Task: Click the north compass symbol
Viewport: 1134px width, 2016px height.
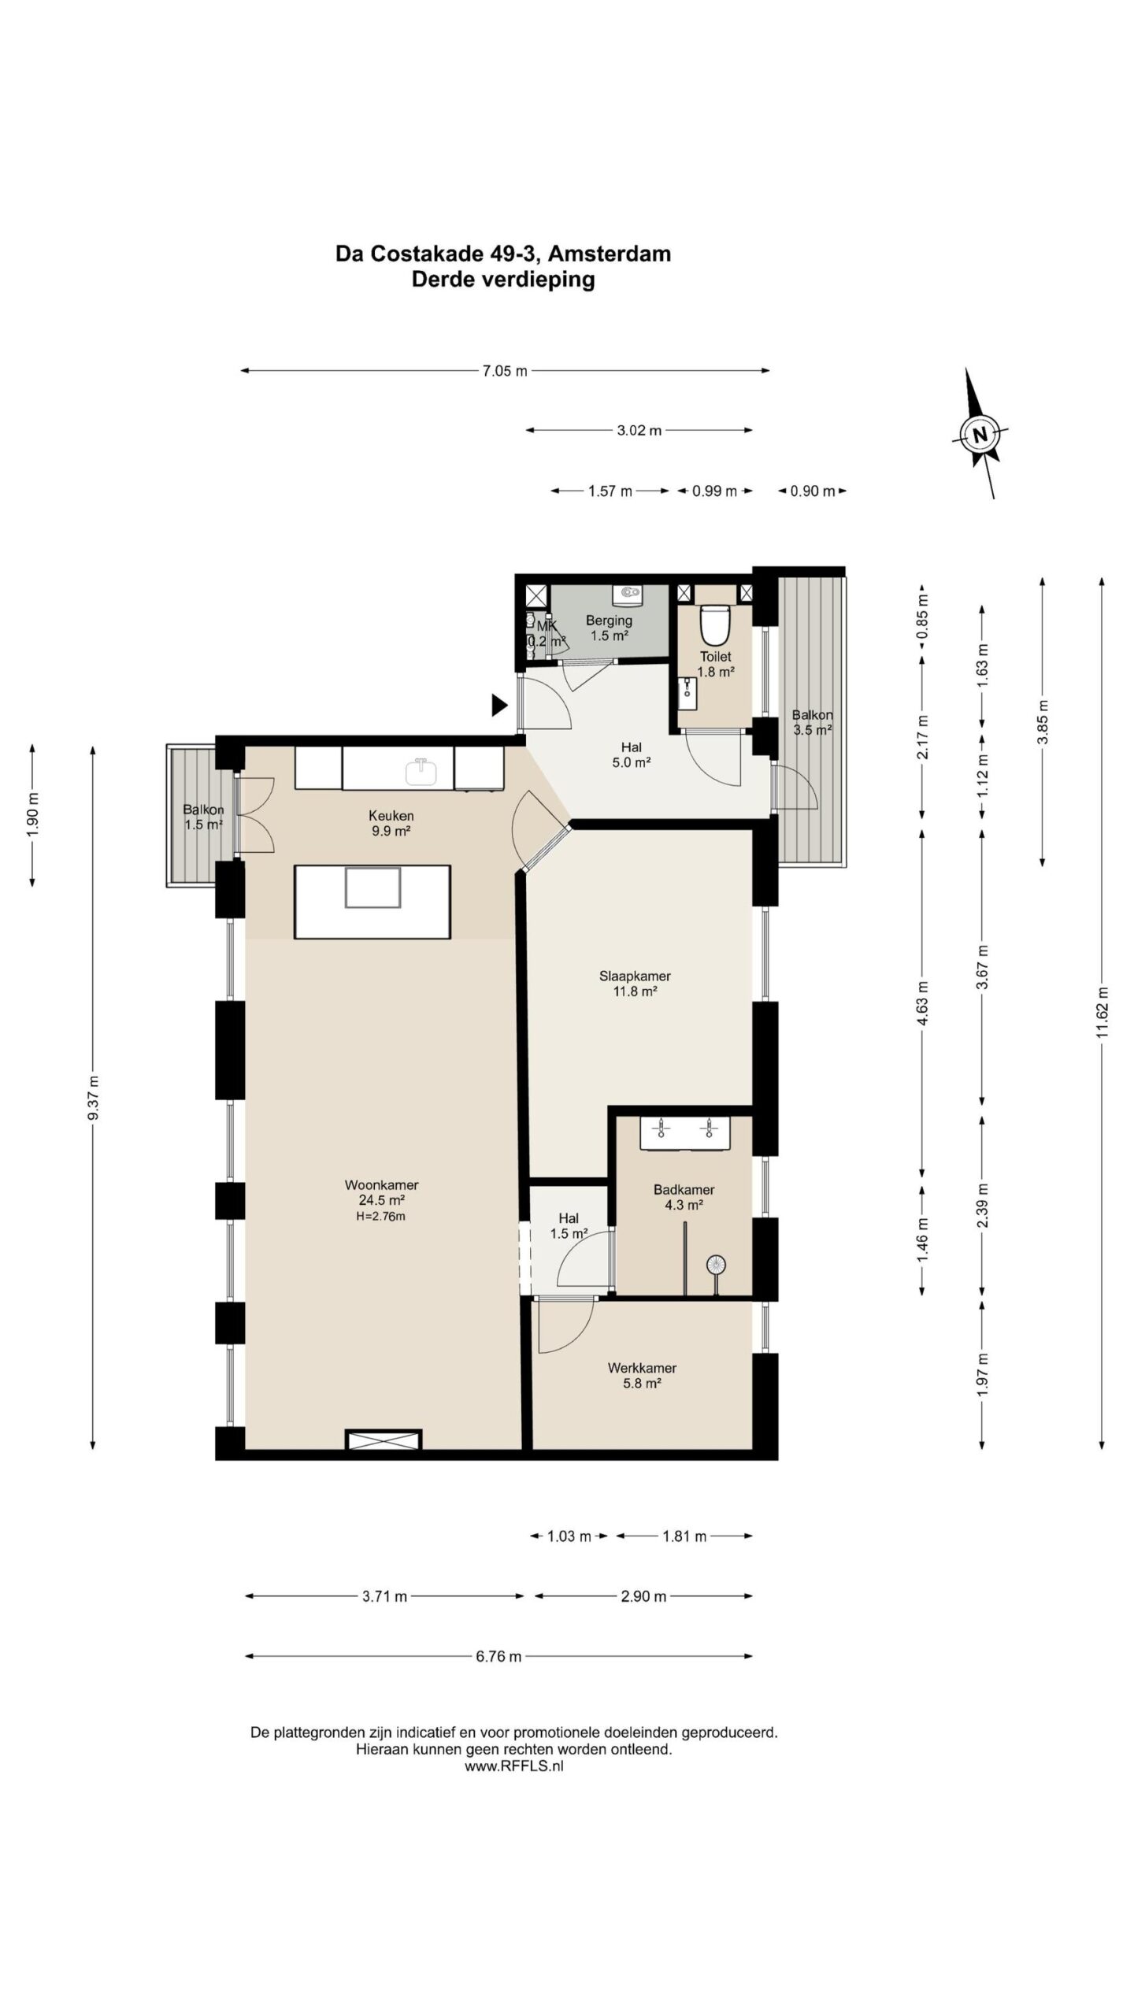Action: click(980, 434)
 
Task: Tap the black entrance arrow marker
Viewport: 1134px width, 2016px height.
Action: click(499, 705)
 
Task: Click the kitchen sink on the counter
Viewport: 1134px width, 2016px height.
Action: click(422, 772)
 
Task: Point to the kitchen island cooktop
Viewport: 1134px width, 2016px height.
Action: click(372, 888)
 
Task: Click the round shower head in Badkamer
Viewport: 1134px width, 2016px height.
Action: click(716, 1264)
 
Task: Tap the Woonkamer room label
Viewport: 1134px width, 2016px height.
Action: click(381, 1184)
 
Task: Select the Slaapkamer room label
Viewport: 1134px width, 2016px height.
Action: click(635, 976)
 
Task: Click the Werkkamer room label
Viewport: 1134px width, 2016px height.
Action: click(642, 1368)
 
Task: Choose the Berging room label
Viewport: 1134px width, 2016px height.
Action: click(609, 621)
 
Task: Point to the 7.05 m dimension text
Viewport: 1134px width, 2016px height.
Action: click(505, 371)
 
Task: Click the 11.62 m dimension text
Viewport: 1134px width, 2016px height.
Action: click(1102, 1013)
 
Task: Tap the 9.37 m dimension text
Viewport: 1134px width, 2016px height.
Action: click(94, 1097)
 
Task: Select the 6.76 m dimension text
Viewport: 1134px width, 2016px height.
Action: click(498, 1656)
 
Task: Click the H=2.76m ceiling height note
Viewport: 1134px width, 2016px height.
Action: click(381, 1216)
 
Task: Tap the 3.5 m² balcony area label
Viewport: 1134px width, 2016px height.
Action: click(813, 730)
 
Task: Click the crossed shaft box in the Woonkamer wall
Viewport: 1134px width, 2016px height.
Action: click(384, 1440)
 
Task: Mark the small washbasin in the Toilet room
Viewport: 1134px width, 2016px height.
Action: click(687, 691)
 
